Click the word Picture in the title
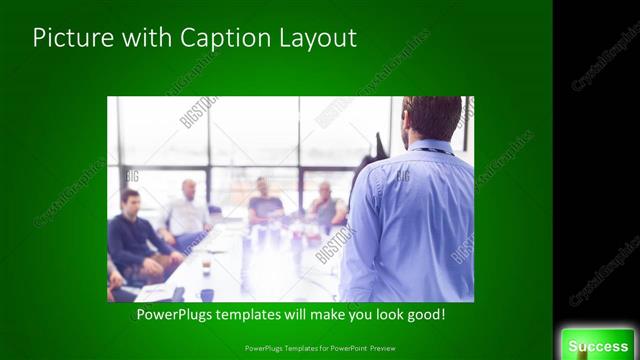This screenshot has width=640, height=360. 69,39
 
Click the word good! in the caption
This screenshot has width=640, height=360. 425,315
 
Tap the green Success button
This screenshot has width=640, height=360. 598,345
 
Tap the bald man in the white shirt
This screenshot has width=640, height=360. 187,212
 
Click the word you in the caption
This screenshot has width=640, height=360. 359,315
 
